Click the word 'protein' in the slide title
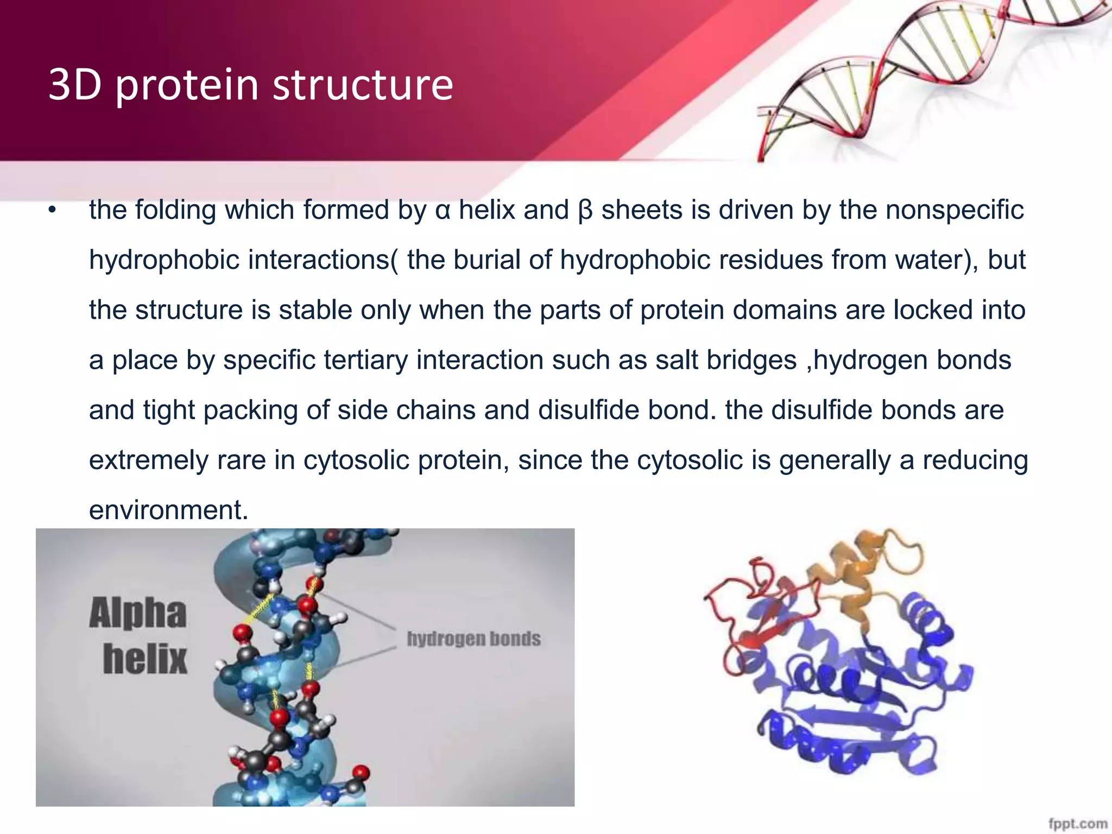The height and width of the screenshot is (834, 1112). [x=186, y=86]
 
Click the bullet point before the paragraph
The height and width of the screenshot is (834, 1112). [x=52, y=211]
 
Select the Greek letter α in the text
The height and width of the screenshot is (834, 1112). [x=443, y=211]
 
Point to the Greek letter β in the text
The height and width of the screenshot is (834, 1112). [x=585, y=211]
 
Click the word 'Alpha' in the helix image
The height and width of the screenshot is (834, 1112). [x=138, y=614]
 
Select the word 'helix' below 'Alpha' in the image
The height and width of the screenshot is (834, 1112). [x=145, y=659]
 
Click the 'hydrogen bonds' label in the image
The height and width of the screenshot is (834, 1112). [x=473, y=639]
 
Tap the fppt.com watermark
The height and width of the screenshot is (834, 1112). [x=1078, y=823]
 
